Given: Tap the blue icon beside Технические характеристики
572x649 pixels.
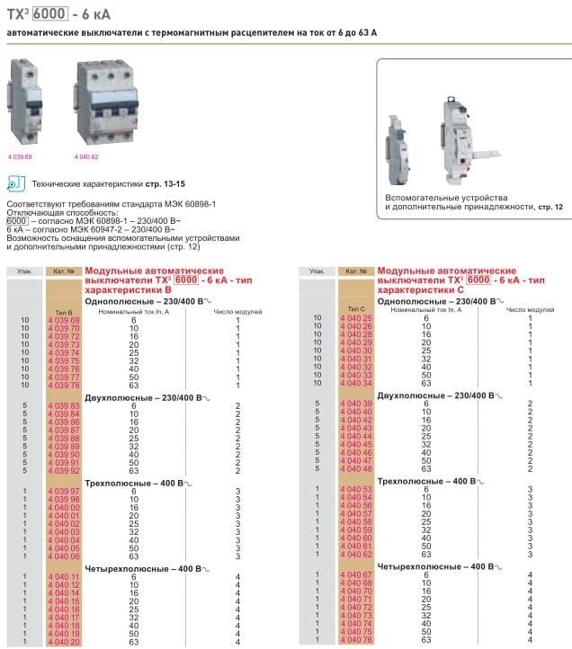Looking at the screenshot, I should pyautogui.click(x=13, y=184).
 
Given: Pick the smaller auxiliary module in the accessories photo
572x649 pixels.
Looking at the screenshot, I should pyautogui.click(x=397, y=143).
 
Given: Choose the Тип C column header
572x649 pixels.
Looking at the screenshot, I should pyautogui.click(x=354, y=308).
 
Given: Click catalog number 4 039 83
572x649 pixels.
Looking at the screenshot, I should pyautogui.click(x=63, y=405).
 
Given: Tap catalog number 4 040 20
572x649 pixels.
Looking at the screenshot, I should pyautogui.click(x=63, y=643).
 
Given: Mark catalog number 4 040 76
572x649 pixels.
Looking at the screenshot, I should pyautogui.click(x=355, y=640).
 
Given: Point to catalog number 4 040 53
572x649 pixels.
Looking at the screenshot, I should pyautogui.click(x=355, y=489).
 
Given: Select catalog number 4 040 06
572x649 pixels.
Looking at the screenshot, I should pyautogui.click(x=63, y=556).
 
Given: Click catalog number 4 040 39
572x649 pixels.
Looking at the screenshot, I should pyautogui.click(x=355, y=404).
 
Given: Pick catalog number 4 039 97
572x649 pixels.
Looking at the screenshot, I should pyautogui.click(x=63, y=491).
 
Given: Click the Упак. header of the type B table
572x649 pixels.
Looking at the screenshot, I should pyautogui.click(x=23, y=271).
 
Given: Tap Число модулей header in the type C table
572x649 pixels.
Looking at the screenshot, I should pyautogui.click(x=528, y=308).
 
